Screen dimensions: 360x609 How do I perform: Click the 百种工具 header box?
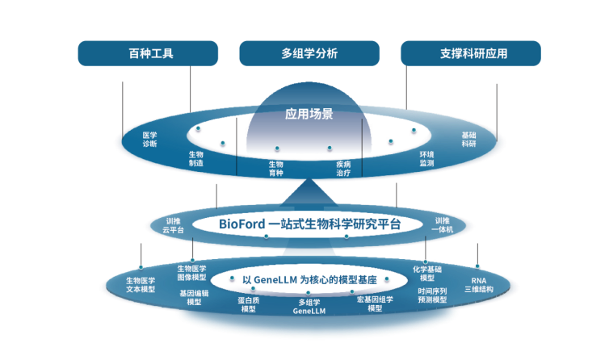(148, 54)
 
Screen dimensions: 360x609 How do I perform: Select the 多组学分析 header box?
(309, 54)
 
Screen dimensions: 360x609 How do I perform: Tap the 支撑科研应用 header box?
(471, 54)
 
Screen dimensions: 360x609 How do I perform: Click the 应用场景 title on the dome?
(309, 115)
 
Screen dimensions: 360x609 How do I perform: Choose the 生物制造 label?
(196, 158)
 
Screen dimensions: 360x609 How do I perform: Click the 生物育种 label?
(276, 168)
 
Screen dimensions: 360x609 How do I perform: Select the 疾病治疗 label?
(343, 168)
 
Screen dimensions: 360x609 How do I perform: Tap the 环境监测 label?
(426, 158)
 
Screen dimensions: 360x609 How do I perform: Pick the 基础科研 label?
(468, 140)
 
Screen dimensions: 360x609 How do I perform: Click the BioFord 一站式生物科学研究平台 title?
(309, 224)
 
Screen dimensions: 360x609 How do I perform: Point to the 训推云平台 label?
(173, 225)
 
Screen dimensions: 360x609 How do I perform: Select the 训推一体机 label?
(443, 225)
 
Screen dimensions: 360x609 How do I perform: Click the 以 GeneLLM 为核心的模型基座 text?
(309, 279)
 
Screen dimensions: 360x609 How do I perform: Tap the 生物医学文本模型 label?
(141, 284)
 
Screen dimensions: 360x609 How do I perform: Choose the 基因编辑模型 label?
(194, 298)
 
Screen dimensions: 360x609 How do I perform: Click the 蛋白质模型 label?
(248, 304)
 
